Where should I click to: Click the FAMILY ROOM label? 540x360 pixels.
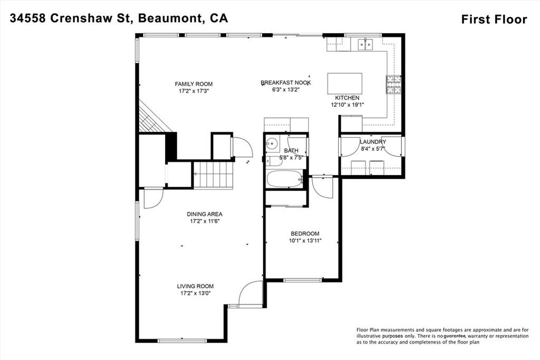(x=194, y=84)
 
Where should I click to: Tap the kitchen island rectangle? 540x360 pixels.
(x=345, y=83)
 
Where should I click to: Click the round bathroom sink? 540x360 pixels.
(x=272, y=142)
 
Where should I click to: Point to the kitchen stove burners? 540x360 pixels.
(x=393, y=84)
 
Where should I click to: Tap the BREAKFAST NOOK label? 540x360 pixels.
(x=285, y=83)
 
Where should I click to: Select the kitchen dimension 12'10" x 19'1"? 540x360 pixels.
(x=348, y=105)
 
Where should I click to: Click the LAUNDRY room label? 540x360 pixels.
(x=372, y=142)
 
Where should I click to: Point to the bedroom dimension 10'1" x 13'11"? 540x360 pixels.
(x=305, y=240)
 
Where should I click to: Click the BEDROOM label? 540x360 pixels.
(x=305, y=233)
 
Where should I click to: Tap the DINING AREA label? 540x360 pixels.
(x=204, y=214)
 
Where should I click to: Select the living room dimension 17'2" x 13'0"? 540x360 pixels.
(x=195, y=293)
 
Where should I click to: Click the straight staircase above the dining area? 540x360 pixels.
(x=213, y=175)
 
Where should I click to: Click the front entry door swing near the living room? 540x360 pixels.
(x=250, y=294)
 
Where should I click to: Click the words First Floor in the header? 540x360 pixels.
(x=494, y=20)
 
